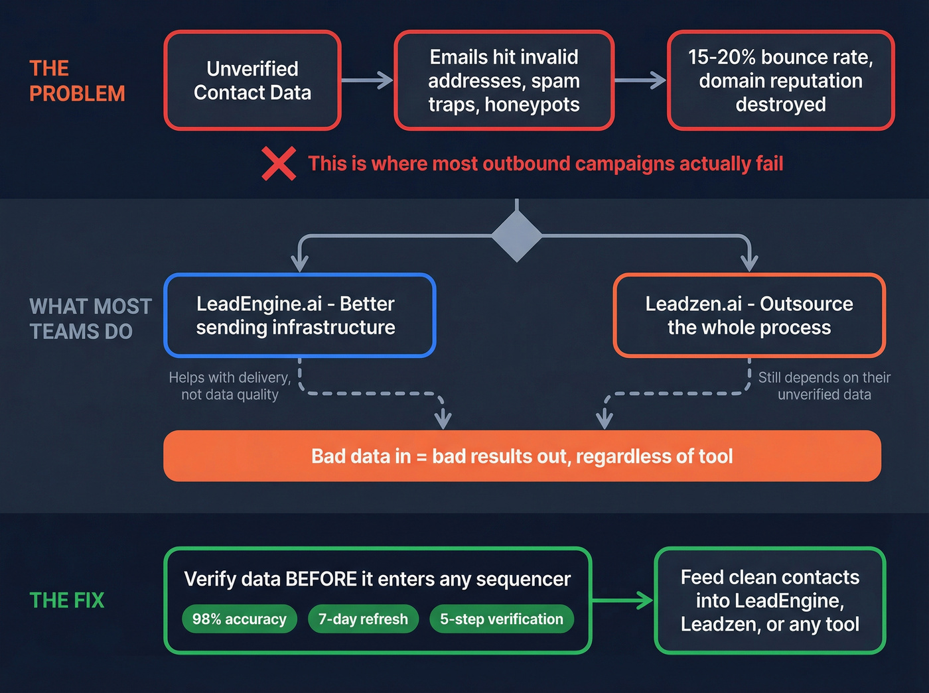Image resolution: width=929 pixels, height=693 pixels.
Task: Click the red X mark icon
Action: pos(279,164)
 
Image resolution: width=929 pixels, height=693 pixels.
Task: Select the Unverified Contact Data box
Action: pos(252,80)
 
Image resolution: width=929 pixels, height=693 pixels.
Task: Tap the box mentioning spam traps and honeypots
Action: pos(504,80)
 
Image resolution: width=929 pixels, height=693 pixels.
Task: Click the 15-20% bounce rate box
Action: pos(780,80)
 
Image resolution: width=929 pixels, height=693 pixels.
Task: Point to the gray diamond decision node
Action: pos(516,236)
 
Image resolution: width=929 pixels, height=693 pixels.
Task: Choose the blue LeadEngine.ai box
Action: pos(299,316)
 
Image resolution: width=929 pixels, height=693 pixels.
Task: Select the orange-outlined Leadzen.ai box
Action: pos(749,316)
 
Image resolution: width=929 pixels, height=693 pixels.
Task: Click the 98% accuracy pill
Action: pos(240,619)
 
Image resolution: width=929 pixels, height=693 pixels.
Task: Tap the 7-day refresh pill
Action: pos(363,619)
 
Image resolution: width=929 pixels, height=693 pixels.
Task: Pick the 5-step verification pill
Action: pos(502,619)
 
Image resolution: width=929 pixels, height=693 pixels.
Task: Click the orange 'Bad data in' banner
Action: pos(522,456)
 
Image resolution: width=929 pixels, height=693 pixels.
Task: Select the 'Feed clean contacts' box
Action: pos(770,601)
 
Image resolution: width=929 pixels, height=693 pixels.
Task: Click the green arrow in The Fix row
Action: pos(622,601)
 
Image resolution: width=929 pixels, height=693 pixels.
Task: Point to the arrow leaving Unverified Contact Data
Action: pos(368,80)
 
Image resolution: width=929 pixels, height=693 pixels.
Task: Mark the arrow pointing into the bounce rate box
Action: pos(640,80)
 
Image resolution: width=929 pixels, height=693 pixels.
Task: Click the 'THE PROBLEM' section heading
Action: pos(77,81)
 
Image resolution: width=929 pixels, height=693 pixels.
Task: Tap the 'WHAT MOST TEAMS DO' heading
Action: pos(90,319)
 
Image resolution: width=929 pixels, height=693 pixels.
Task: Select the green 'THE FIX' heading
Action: pos(67,600)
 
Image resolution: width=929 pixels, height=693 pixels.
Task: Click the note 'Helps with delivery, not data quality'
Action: pos(230,386)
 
